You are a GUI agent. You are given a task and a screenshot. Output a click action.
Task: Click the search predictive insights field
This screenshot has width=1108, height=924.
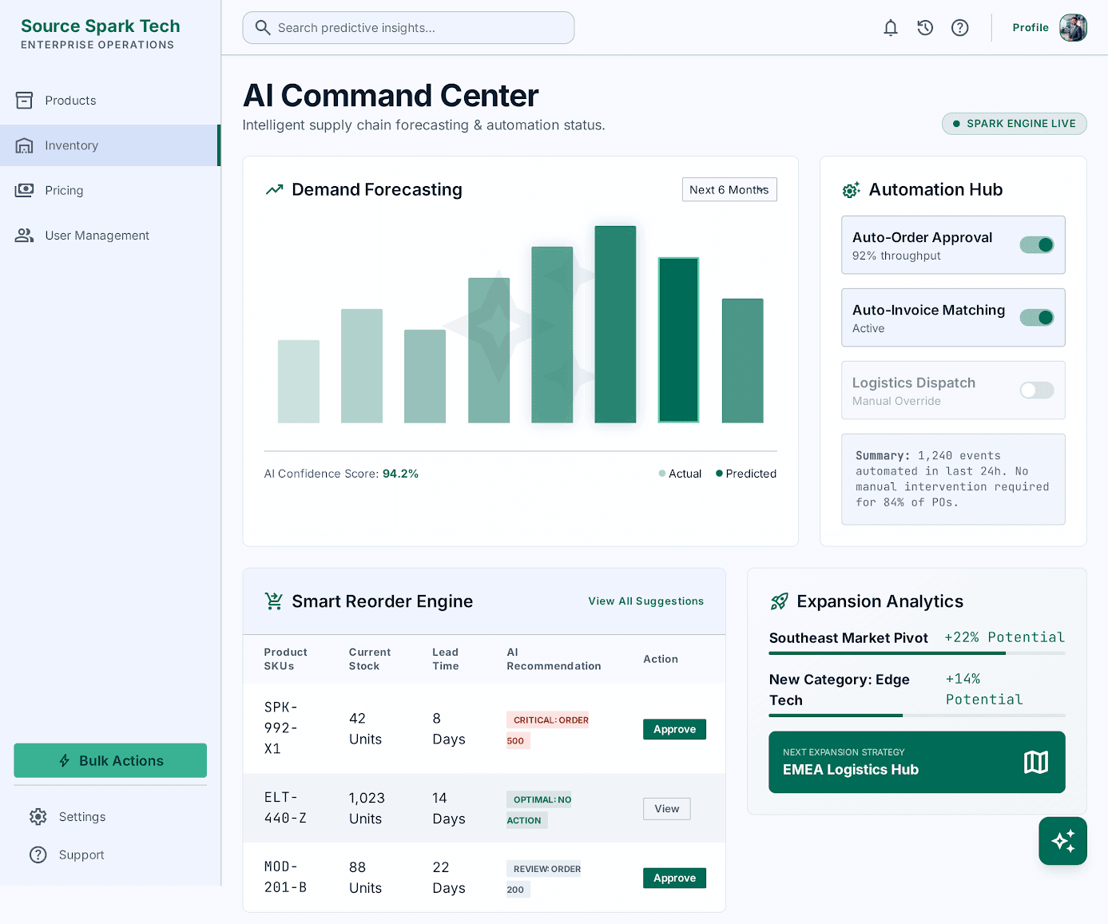click(408, 28)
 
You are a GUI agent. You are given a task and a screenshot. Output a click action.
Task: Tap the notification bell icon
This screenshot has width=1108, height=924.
click(891, 28)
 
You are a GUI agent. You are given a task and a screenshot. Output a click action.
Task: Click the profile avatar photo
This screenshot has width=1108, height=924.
click(1073, 28)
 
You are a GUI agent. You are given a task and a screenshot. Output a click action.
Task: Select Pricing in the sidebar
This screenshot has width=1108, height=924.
click(64, 190)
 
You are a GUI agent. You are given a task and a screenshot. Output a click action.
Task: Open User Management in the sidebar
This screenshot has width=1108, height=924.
click(97, 236)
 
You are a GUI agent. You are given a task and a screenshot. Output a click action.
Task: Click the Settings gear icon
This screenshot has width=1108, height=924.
click(38, 816)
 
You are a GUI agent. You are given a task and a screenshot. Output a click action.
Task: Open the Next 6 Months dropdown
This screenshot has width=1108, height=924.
click(729, 189)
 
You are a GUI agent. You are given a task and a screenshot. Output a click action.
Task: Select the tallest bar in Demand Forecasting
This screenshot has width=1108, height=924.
click(615, 324)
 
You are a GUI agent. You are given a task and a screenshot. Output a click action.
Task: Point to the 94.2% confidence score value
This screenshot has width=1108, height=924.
click(400, 474)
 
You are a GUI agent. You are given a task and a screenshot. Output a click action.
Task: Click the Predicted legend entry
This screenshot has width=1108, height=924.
click(745, 474)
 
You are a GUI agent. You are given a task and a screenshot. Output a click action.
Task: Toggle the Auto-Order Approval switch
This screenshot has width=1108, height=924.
click(1036, 245)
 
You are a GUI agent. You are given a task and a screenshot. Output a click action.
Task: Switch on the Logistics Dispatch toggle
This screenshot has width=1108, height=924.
click(1036, 391)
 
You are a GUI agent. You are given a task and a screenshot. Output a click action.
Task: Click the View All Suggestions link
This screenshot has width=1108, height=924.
click(645, 601)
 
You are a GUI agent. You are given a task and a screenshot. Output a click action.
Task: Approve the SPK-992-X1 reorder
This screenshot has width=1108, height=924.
click(674, 729)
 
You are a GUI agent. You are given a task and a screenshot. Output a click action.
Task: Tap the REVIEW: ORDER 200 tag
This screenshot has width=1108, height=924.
click(543, 879)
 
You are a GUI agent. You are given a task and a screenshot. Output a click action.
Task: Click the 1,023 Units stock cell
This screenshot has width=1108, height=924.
click(367, 808)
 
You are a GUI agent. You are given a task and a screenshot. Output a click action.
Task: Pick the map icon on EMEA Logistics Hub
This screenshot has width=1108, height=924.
click(1035, 762)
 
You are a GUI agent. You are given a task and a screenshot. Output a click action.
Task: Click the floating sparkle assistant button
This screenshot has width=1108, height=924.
click(1062, 841)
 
